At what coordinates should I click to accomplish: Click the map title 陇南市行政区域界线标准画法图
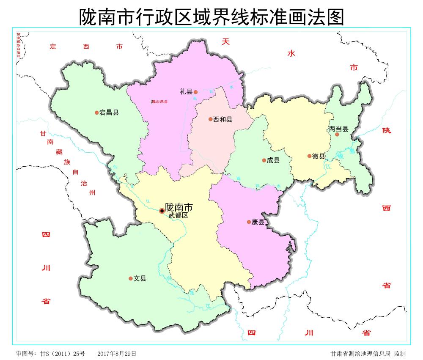point(211,16)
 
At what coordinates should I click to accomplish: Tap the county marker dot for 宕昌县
point(96,113)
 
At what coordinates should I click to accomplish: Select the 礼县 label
point(186,91)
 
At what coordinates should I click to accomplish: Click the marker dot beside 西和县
point(210,119)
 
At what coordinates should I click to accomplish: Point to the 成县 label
point(273,160)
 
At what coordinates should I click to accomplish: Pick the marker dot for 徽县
point(309,156)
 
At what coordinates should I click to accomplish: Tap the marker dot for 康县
point(249,222)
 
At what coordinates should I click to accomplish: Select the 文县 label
point(140,278)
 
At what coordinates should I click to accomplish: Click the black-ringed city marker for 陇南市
point(162,211)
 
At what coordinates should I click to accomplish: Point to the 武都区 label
point(178,215)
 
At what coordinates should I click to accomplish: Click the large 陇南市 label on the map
point(179,207)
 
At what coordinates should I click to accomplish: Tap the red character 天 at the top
point(226,41)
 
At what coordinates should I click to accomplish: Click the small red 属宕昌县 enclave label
point(159,102)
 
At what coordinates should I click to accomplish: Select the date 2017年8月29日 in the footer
point(117,353)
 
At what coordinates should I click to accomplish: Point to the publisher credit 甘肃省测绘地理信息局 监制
point(368,353)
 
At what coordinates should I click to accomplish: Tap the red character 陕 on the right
point(386,130)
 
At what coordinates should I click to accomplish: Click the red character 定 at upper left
point(52,47)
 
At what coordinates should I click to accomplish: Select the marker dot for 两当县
point(337,135)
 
